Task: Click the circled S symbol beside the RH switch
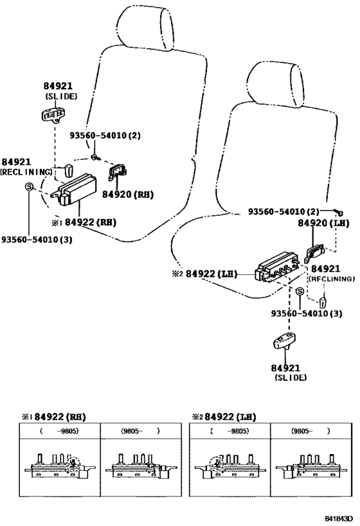tap(29, 186)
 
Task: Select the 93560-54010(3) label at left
tap(36, 239)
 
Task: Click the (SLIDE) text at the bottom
tap(290, 378)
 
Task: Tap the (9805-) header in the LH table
tap(311, 432)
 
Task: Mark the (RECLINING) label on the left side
tap(26, 172)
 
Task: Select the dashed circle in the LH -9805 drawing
tap(219, 463)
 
